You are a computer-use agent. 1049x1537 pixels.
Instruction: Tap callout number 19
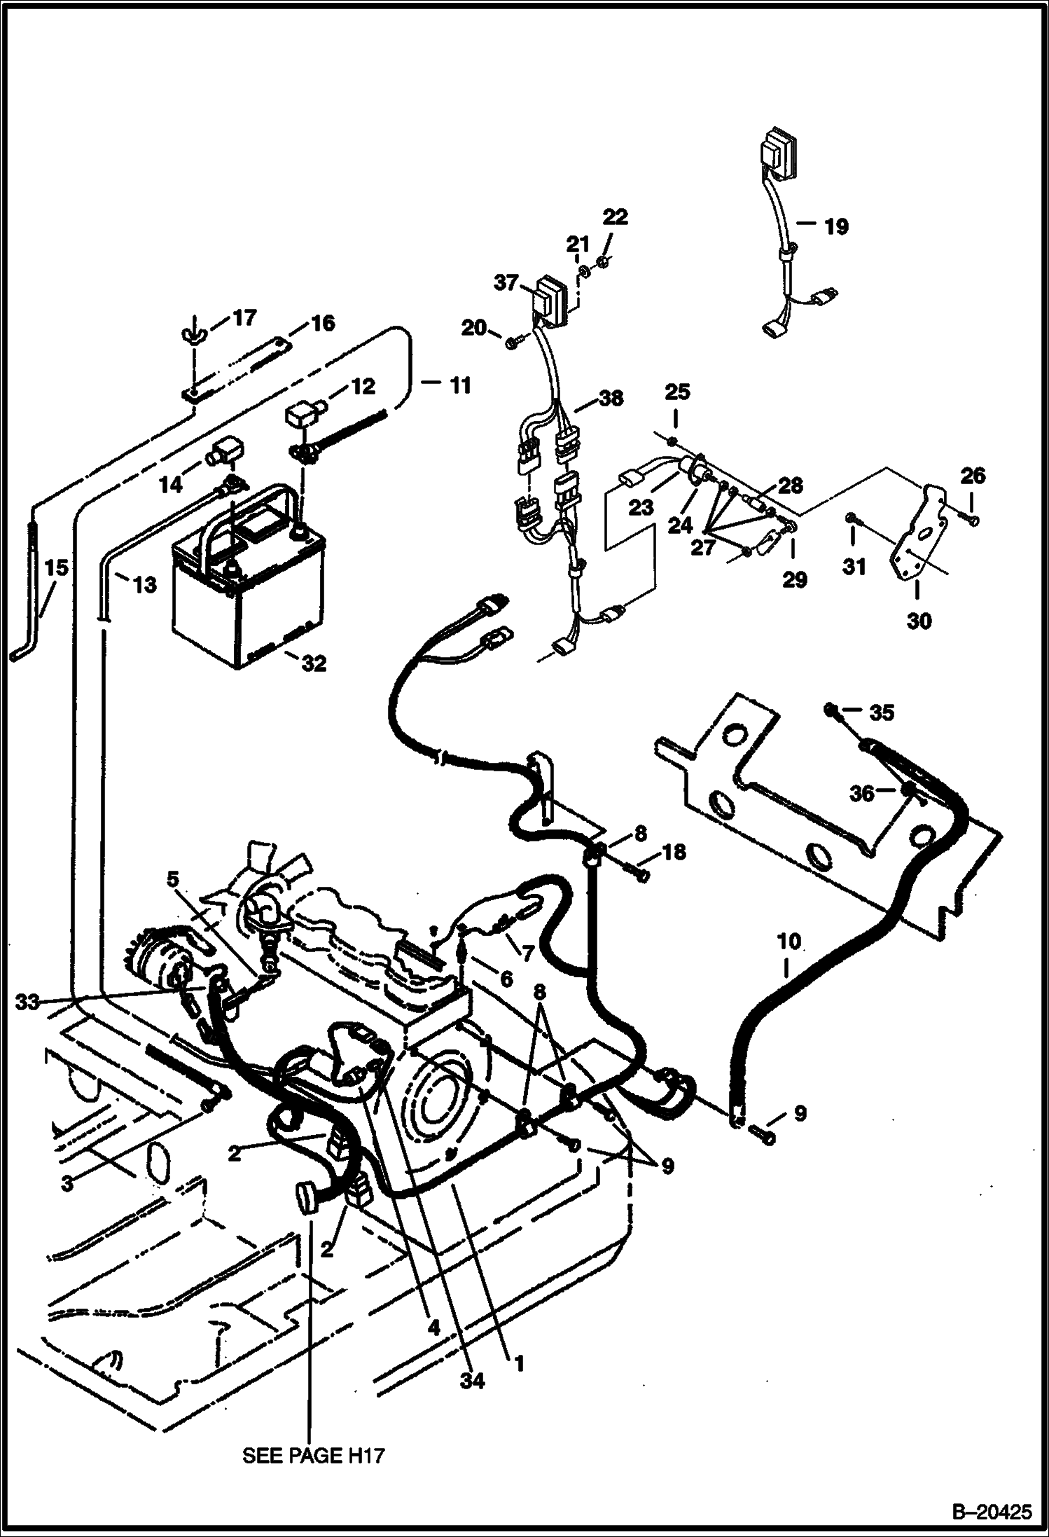(835, 226)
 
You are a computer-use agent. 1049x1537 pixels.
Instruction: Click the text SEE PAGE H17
(313, 1455)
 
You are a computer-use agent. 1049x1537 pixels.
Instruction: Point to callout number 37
(506, 283)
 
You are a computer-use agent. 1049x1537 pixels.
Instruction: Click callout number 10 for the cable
(789, 941)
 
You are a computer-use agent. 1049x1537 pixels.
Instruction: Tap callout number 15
(57, 567)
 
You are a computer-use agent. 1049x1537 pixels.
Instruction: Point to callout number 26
(973, 476)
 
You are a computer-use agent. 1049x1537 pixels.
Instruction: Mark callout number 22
(616, 217)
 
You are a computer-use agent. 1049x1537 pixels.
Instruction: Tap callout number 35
(881, 713)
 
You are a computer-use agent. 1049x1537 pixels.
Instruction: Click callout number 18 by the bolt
(674, 853)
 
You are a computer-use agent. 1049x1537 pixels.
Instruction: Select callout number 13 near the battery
(145, 584)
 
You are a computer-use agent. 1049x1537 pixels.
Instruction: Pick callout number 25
(677, 392)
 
